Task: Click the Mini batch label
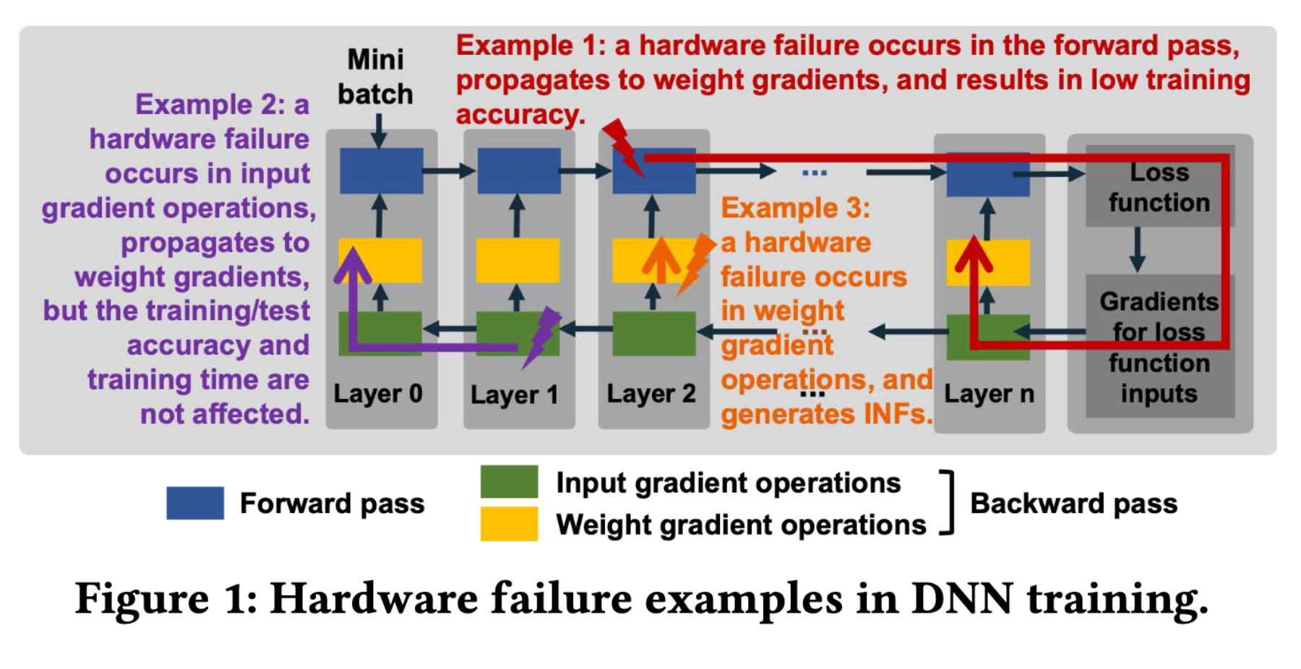[375, 77]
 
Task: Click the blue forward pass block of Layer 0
[381, 171]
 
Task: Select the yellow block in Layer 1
[518, 260]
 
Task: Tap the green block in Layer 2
[653, 334]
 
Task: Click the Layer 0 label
[378, 394]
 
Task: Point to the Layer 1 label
[515, 394]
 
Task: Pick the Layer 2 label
[651, 394]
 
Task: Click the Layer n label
[989, 394]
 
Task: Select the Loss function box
[1159, 187]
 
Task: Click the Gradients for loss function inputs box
[1159, 347]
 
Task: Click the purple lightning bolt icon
[541, 336]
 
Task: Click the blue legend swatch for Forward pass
[195, 503]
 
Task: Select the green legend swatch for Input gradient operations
[509, 482]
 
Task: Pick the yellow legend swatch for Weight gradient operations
[509, 524]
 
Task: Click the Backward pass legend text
[1073, 504]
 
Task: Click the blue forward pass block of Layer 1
[518, 171]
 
